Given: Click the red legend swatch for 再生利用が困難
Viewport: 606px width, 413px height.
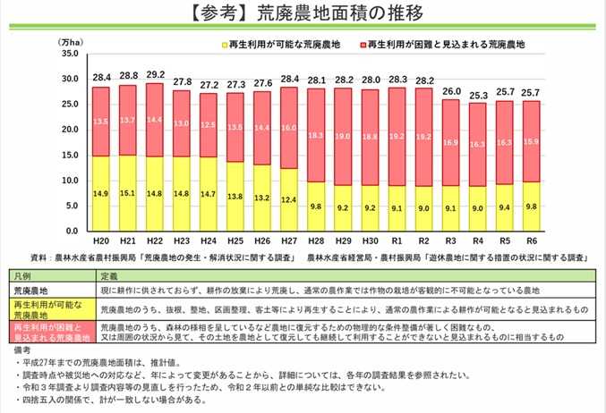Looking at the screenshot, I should (x=361, y=43).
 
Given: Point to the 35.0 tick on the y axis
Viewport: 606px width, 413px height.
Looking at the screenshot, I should (x=68, y=55).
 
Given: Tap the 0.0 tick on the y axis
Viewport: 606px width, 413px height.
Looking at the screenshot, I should (x=71, y=232).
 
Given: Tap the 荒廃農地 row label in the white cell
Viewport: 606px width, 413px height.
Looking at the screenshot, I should (x=32, y=290).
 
